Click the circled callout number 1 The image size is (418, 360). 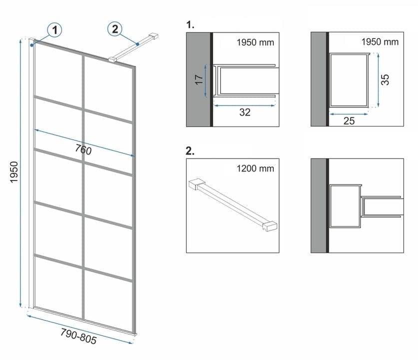pyautogui.click(x=55, y=30)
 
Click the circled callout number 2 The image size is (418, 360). pyautogui.click(x=115, y=29)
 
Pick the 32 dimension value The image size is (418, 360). pyautogui.click(x=244, y=112)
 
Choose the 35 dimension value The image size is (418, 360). pyautogui.click(x=385, y=79)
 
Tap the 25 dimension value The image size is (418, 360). pyautogui.click(x=349, y=120)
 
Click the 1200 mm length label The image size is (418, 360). pyautogui.click(x=255, y=168)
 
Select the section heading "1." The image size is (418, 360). pyautogui.click(x=190, y=23)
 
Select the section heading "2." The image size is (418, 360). pyautogui.click(x=190, y=149)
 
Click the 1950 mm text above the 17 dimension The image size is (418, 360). pyautogui.click(x=255, y=42)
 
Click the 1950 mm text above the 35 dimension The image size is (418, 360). pyautogui.click(x=380, y=42)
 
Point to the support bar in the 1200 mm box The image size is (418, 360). pyautogui.click(x=233, y=202)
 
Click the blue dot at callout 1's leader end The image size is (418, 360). pyautogui.click(x=32, y=44)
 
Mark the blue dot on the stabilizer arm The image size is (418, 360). pyautogui.click(x=137, y=44)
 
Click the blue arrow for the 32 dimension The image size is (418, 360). pyautogui.click(x=244, y=104)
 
